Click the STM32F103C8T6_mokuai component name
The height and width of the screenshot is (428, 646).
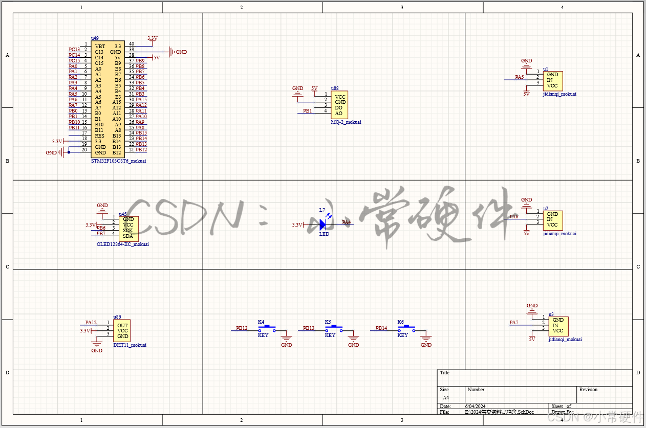[x=118, y=161]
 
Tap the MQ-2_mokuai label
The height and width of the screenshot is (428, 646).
[x=346, y=122]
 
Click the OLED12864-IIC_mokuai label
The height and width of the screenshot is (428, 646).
[x=123, y=244]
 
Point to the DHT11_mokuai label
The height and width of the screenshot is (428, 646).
[x=130, y=345]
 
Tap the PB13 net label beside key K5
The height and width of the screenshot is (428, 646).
[x=309, y=328]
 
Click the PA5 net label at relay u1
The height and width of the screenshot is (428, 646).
[x=520, y=77]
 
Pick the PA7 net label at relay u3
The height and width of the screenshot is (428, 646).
[x=514, y=323]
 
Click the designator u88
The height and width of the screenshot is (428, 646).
[x=335, y=88]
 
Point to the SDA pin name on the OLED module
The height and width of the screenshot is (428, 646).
[x=128, y=236]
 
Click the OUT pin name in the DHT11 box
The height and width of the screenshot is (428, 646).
[x=122, y=325]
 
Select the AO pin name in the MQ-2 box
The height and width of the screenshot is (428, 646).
[x=339, y=114]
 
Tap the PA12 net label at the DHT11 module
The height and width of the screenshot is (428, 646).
[x=91, y=323]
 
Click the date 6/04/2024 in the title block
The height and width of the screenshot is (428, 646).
[x=475, y=406]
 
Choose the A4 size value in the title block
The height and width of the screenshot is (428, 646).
[x=446, y=397]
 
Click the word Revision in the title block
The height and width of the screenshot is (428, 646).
[x=588, y=390]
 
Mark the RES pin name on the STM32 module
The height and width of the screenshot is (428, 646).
[x=99, y=136]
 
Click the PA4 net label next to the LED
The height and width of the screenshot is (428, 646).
[x=347, y=222]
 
